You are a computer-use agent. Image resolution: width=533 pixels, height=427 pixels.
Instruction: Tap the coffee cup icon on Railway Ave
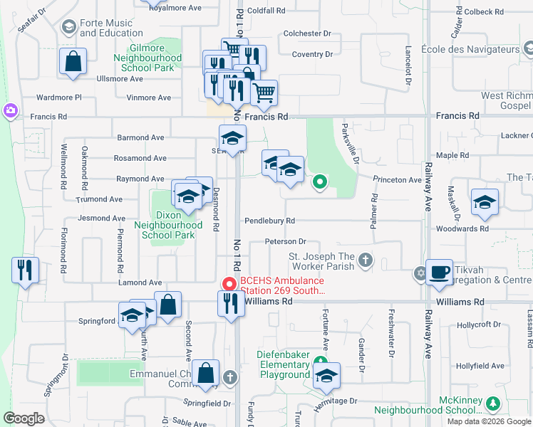click(x=440, y=271)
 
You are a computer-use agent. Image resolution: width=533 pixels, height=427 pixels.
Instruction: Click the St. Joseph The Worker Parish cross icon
click(x=365, y=260)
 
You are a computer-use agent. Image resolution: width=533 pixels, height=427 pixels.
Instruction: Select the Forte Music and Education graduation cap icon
click(x=69, y=27)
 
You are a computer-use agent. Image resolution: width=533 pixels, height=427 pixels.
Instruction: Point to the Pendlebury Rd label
click(x=269, y=221)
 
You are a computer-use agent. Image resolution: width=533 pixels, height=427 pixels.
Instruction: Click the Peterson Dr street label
click(x=285, y=242)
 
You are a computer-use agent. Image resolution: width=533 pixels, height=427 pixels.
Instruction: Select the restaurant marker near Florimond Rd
click(x=24, y=270)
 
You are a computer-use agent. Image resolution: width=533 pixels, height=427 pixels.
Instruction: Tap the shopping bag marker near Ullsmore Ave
click(x=73, y=61)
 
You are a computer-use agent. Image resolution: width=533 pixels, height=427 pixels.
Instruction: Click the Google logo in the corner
click(x=24, y=418)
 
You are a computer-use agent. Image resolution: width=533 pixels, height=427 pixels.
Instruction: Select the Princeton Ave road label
click(x=397, y=180)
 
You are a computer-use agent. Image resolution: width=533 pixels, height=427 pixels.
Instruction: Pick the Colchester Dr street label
click(x=308, y=33)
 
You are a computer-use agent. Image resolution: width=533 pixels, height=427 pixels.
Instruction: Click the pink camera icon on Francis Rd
click(x=11, y=110)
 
